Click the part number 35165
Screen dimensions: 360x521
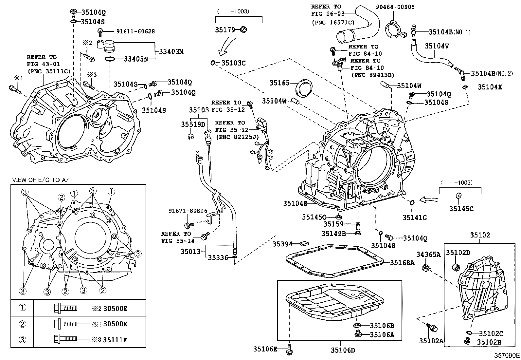279,83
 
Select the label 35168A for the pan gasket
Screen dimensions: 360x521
402,262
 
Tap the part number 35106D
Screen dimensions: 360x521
343,350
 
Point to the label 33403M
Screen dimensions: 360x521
171,51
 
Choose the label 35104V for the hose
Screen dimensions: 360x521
437,46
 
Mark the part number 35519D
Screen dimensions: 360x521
193,124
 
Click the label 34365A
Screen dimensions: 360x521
428,254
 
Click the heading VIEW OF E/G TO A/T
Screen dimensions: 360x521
42,180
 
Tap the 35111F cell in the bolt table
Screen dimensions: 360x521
115,340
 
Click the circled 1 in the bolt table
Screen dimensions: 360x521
22,308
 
